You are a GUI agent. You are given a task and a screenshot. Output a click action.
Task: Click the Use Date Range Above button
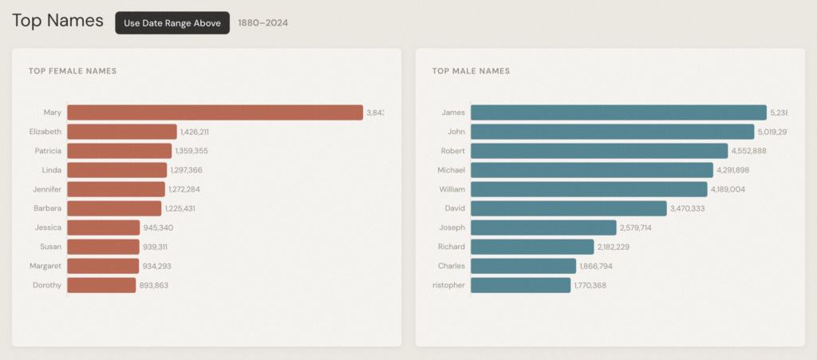(x=172, y=23)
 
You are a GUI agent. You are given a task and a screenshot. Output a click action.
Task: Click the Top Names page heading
(x=57, y=22)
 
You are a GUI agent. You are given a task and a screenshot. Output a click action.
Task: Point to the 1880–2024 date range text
(x=263, y=23)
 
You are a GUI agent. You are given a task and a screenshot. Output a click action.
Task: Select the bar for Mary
(x=215, y=113)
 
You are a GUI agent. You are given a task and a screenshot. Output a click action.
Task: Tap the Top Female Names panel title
(x=73, y=71)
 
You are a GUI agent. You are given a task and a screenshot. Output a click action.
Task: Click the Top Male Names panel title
(x=471, y=71)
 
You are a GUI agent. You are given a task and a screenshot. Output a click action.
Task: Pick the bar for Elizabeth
(x=122, y=132)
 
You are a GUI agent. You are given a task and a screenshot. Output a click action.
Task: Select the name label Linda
(x=51, y=170)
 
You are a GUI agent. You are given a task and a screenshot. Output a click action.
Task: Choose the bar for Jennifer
(x=116, y=189)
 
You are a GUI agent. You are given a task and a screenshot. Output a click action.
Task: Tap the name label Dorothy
(x=46, y=285)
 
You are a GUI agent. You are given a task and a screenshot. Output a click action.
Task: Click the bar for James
(x=618, y=113)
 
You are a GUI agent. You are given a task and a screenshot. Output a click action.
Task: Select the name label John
(x=456, y=132)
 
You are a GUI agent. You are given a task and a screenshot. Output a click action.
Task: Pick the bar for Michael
(x=591, y=170)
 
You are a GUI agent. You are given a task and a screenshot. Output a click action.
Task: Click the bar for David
(x=568, y=208)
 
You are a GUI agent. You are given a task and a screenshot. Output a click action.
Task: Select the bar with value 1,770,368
(x=520, y=285)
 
